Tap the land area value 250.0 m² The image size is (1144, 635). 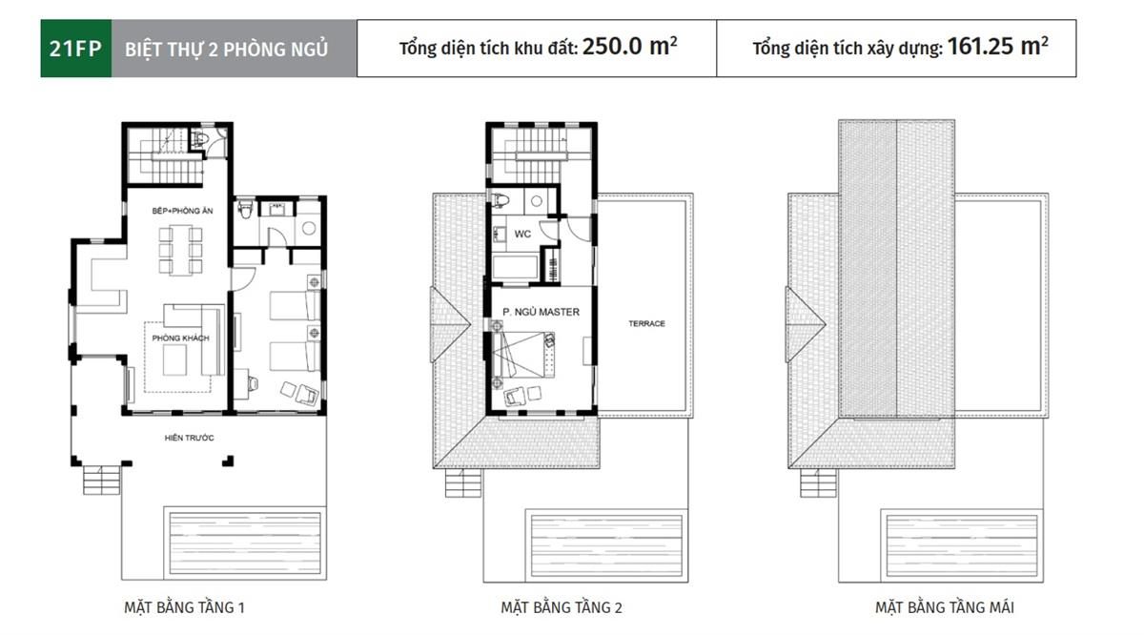pyautogui.click(x=630, y=47)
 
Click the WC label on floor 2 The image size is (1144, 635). pyautogui.click(x=522, y=234)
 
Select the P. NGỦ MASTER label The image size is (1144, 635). pyautogui.click(x=541, y=312)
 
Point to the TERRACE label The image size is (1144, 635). pyautogui.click(x=646, y=324)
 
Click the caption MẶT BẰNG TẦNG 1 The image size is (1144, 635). pyautogui.click(x=184, y=607)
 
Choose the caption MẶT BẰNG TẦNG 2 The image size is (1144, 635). pyautogui.click(x=562, y=607)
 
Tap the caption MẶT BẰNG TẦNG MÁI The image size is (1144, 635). pyautogui.click(x=945, y=607)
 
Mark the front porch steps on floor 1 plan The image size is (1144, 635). pyautogui.click(x=102, y=477)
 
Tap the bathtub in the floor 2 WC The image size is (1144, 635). pyautogui.click(x=516, y=267)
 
